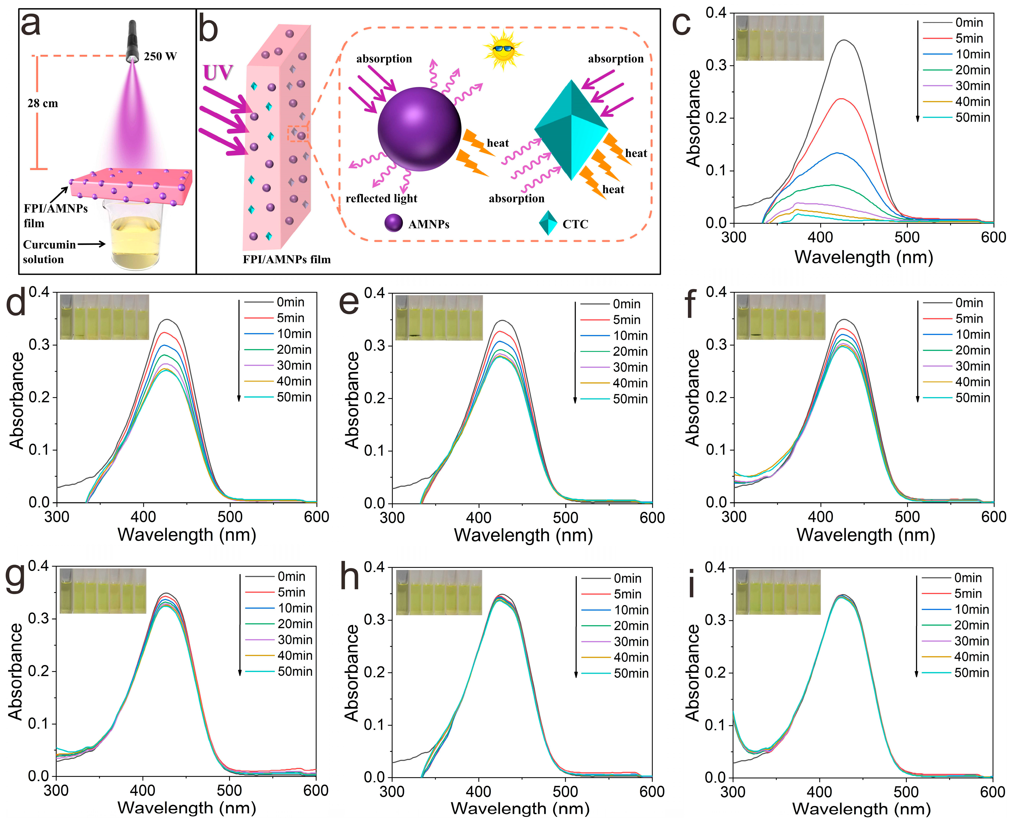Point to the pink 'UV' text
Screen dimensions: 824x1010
click(x=218, y=73)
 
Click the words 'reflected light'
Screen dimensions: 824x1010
click(x=381, y=198)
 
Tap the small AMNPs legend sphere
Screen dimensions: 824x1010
click(x=393, y=223)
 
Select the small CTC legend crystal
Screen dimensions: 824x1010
click(x=548, y=223)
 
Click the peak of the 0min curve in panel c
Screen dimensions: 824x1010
click(x=844, y=40)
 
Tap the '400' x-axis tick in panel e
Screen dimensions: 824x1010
click(x=479, y=517)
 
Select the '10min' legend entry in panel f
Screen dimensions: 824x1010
click(x=973, y=334)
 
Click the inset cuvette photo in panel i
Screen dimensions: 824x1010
click(x=777, y=591)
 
